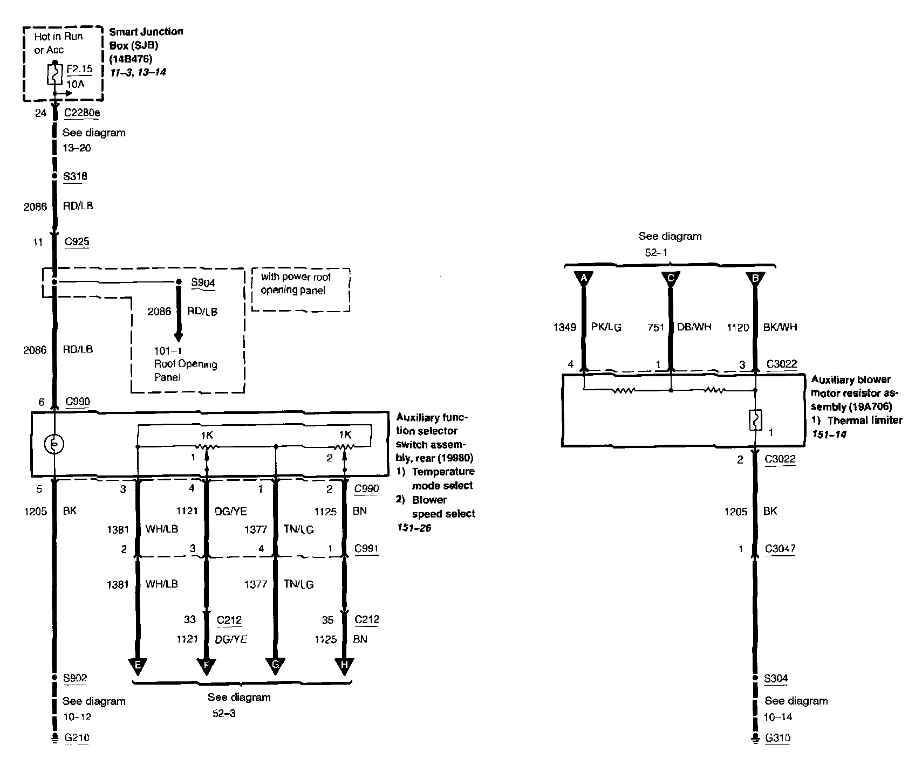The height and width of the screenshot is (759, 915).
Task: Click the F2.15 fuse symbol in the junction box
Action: (54, 74)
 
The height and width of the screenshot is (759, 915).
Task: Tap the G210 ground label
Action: (76, 737)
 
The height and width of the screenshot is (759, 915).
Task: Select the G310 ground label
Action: (777, 737)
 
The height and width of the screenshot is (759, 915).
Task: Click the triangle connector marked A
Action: (583, 278)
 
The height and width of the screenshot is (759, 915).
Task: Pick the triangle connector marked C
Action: (671, 278)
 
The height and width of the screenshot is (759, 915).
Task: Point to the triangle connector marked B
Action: (755, 278)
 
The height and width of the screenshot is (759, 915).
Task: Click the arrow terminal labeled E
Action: (138, 666)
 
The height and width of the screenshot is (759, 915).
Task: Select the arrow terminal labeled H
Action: (344, 666)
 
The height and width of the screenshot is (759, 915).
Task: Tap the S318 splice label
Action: (75, 176)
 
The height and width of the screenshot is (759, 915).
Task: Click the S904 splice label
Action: (203, 282)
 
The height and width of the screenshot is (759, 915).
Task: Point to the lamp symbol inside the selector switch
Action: (54, 444)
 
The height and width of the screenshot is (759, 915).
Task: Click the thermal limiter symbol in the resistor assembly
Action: (755, 420)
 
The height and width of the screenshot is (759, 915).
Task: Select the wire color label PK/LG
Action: (606, 327)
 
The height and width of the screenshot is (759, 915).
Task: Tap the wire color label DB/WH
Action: (694, 327)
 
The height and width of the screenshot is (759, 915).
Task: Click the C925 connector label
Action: (77, 241)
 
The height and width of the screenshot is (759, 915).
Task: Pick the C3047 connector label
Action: (780, 549)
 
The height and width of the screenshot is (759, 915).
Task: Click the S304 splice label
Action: (776, 678)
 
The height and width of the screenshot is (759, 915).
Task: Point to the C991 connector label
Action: (366, 549)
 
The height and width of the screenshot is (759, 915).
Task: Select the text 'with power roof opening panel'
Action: (296, 284)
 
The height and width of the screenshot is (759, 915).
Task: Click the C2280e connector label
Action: (81, 113)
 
